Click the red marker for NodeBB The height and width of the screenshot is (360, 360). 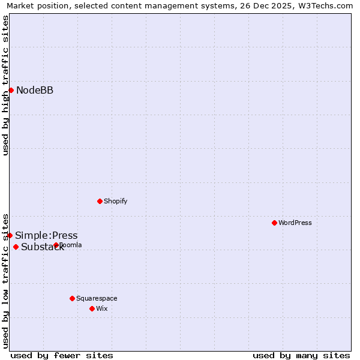click(11, 90)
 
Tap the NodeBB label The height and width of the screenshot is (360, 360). click(35, 91)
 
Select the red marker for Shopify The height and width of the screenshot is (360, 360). click(100, 201)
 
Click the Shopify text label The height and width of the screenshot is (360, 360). click(116, 202)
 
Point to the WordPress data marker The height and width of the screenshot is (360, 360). click(274, 223)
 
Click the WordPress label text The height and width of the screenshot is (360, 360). click(295, 223)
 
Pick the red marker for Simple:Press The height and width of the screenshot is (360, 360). click(10, 235)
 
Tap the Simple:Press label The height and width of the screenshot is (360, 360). click(46, 236)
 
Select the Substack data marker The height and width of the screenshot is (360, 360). click(16, 247)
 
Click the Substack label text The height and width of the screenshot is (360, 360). click(42, 247)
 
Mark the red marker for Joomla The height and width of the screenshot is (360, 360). click(56, 245)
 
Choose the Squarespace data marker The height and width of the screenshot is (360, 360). click(72, 298)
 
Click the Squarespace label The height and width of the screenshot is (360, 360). click(97, 299)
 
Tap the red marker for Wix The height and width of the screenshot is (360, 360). click(92, 308)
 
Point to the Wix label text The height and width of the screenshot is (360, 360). click(102, 309)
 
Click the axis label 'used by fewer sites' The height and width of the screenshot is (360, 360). click(62, 355)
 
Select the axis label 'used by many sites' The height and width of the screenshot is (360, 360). click(301, 355)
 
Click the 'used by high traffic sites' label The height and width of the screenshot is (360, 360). click(6, 85)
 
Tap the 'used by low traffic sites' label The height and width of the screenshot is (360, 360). click(6, 281)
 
